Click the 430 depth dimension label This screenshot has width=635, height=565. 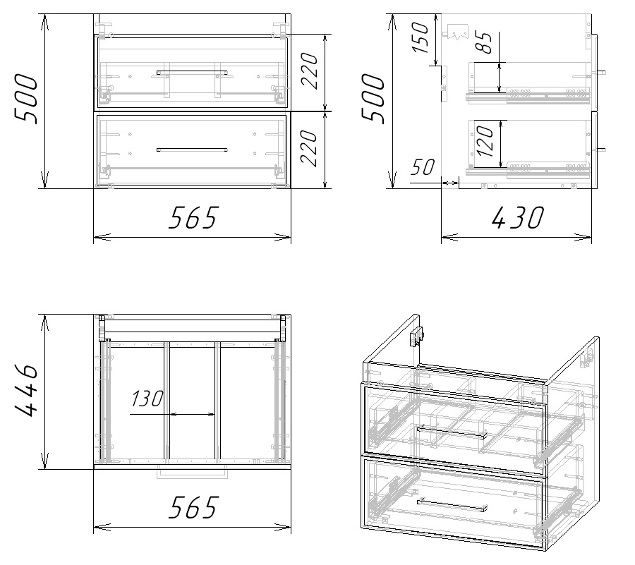pos(519,217)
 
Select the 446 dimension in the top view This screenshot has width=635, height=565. pos(27,390)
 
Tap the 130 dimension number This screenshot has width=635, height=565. pos(147,399)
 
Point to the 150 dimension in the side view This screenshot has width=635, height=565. pos(420,37)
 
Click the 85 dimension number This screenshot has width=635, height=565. pos(485,42)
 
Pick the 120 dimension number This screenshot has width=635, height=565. pos(485,141)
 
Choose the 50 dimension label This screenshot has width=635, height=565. pos(423,166)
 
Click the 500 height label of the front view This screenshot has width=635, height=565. pos(27,98)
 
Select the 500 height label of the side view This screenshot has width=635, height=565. pos(373,98)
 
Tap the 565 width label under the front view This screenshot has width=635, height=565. pos(193,217)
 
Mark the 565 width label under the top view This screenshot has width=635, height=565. pos(193,507)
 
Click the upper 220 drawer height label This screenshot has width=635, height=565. pos(310,71)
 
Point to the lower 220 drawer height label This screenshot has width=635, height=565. pos(310,148)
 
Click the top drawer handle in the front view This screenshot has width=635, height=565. pos(192,73)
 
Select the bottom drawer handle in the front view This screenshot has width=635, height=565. pos(192,150)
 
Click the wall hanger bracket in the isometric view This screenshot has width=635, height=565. pos(417,336)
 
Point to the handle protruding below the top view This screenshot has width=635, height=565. pos(193,474)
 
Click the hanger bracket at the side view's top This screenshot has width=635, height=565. pos(457,32)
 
